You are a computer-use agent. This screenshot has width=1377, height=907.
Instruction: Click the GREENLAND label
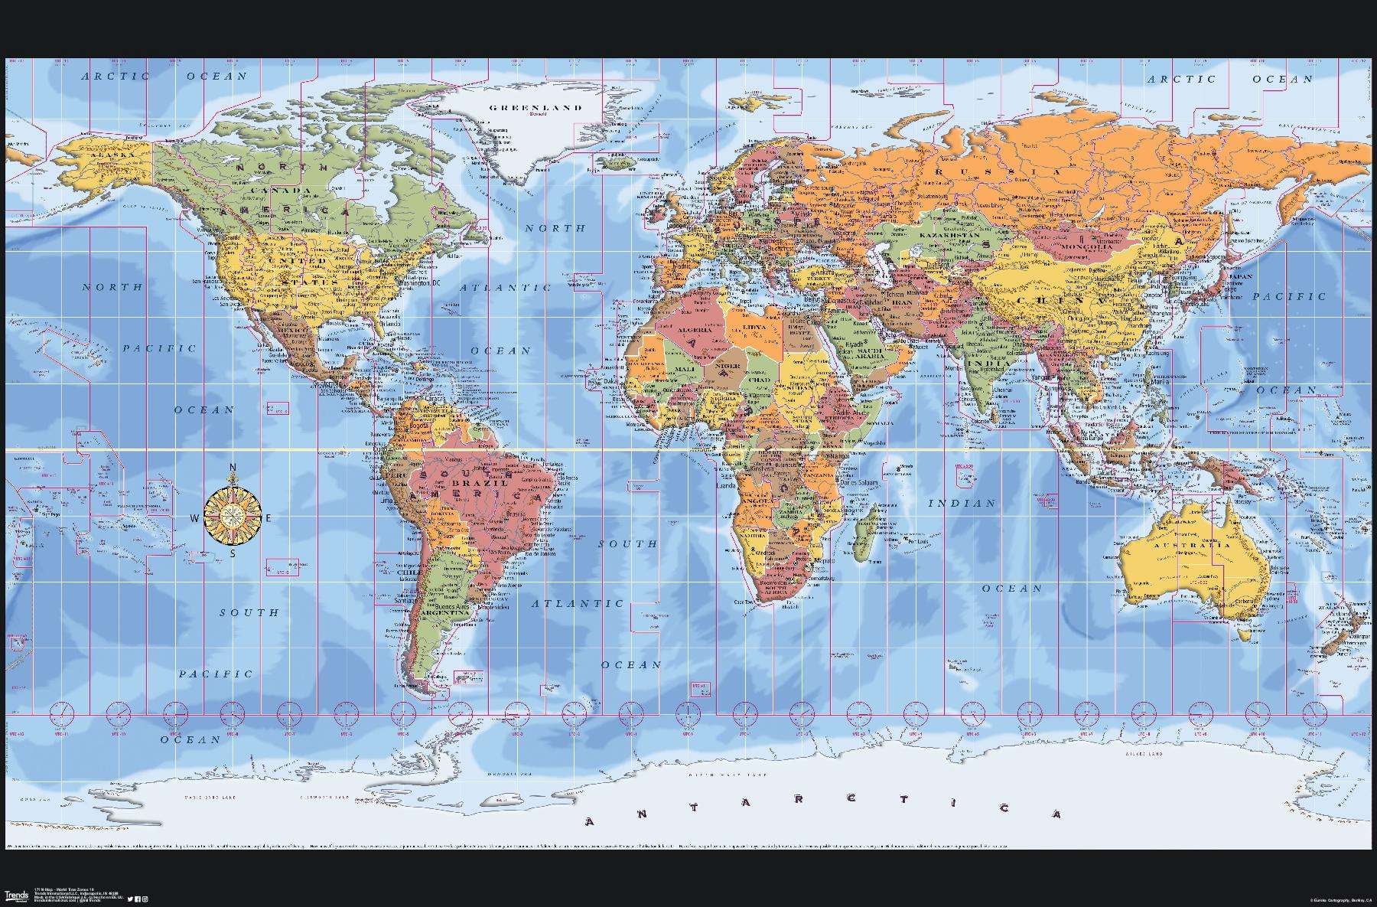click(x=535, y=108)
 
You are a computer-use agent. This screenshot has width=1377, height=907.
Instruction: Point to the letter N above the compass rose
click(x=233, y=468)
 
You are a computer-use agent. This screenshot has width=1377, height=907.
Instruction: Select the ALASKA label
click(x=112, y=155)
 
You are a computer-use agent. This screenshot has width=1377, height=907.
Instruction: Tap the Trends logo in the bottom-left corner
click(x=16, y=895)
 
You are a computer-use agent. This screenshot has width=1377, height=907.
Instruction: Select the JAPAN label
click(x=1241, y=277)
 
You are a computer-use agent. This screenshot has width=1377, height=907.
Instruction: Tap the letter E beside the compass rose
click(x=268, y=518)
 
